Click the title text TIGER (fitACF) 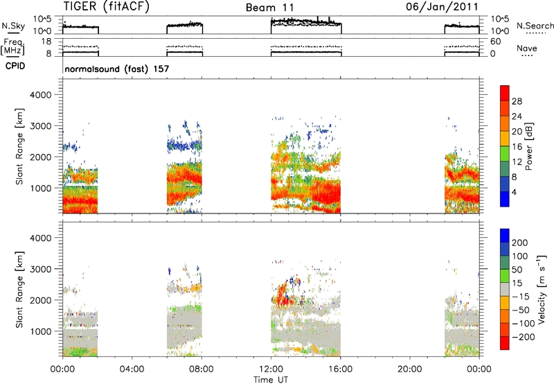(107, 6)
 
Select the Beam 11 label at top (269, 8)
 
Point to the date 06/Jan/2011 (442, 6)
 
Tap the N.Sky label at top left (13, 26)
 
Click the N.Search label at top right (535, 26)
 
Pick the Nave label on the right (527, 48)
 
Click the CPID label (15, 66)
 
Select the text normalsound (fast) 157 (117, 69)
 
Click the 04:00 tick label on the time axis (132, 369)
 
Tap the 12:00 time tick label (271, 369)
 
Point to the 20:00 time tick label (410, 369)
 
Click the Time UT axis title (271, 379)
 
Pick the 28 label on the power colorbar (517, 101)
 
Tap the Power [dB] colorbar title (529, 146)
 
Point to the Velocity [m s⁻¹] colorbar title (542, 289)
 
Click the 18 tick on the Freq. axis (46, 42)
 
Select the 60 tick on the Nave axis (495, 42)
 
